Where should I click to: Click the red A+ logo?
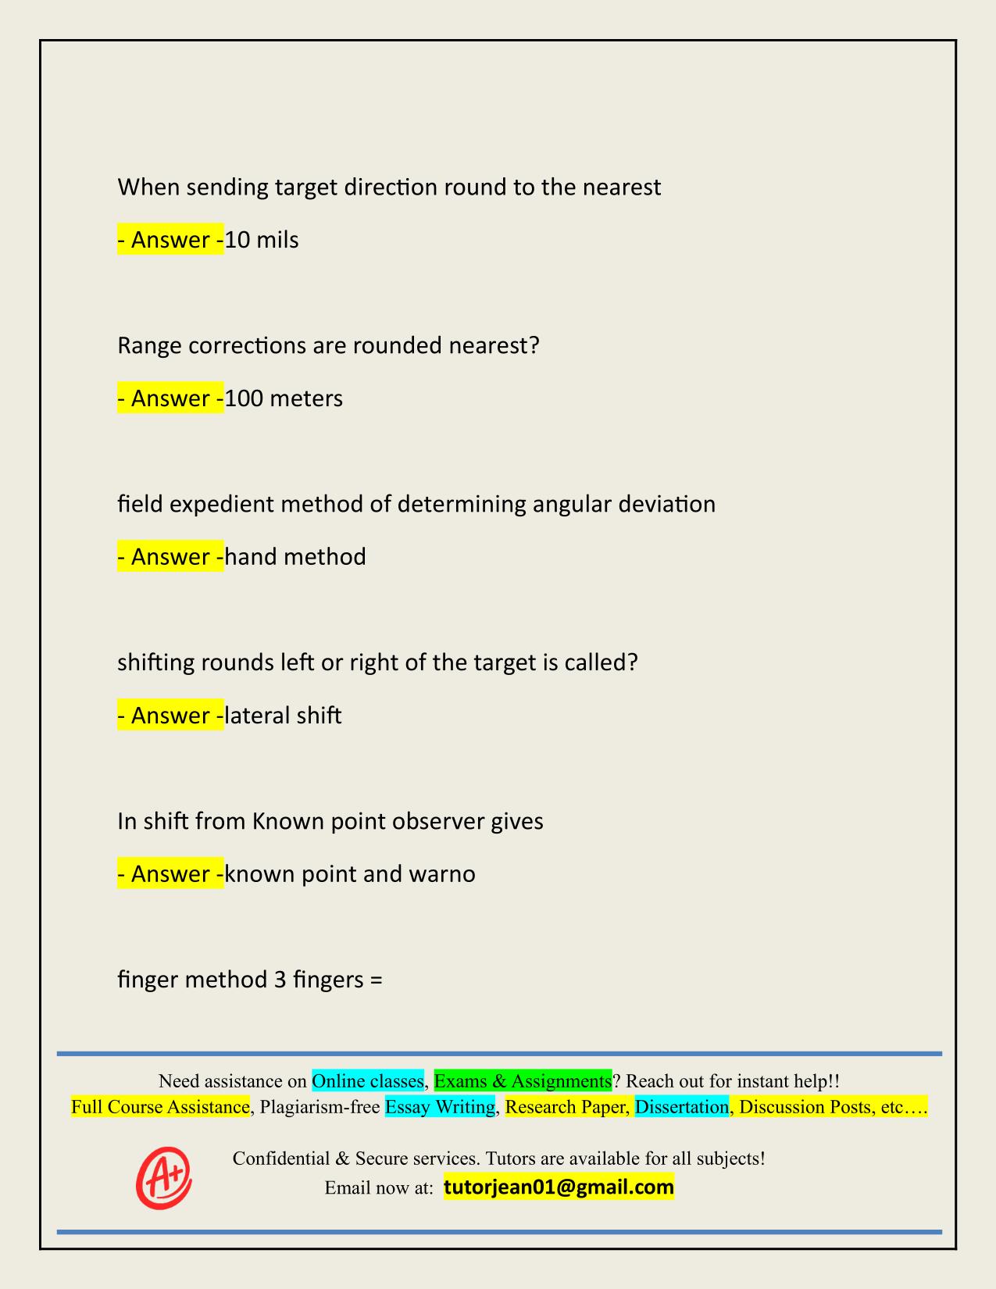pos(164,1177)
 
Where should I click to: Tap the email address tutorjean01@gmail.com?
pos(559,1187)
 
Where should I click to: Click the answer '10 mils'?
pos(262,240)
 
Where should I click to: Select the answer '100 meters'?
pos(284,398)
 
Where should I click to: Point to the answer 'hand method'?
pos(295,557)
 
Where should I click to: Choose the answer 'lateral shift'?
pos(283,716)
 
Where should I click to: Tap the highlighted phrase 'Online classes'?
pos(367,1081)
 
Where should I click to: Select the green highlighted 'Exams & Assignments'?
pos(523,1081)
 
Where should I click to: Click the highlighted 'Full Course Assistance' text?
pos(160,1107)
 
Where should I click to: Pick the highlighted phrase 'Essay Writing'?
pos(440,1107)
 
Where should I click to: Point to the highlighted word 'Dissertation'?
pos(681,1107)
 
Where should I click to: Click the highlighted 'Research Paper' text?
pos(566,1107)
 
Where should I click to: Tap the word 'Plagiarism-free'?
pos(320,1107)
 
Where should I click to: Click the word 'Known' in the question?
pos(287,821)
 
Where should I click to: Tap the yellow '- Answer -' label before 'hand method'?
pos(170,557)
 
